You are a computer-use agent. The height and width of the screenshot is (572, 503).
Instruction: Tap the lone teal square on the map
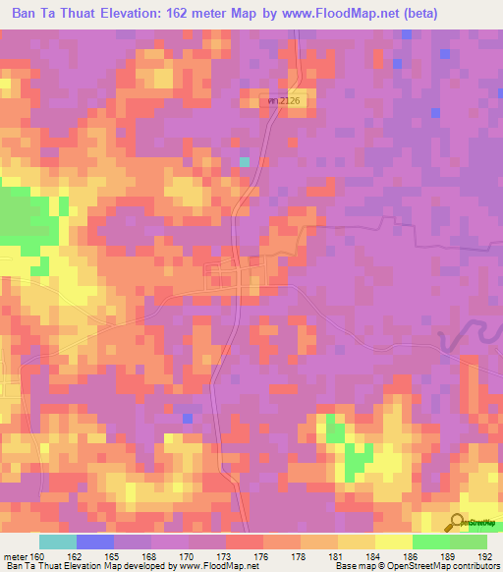pyautogui.click(x=245, y=161)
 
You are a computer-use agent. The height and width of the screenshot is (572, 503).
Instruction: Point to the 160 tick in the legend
pyautogui.click(x=37, y=556)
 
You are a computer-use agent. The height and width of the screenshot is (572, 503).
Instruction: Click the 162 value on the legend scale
pyautogui.click(x=75, y=556)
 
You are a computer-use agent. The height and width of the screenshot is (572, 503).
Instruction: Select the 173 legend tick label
pyautogui.click(x=224, y=556)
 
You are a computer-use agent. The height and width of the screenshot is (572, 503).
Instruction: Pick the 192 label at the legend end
pyautogui.click(x=484, y=556)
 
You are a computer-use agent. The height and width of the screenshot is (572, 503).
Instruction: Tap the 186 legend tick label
pyautogui.click(x=411, y=556)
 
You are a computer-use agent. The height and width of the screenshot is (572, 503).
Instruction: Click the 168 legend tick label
pyautogui.click(x=149, y=556)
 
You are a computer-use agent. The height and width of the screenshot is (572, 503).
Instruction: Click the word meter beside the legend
pyautogui.click(x=16, y=556)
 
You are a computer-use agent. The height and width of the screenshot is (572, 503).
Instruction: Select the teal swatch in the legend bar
pyautogui.click(x=58, y=542)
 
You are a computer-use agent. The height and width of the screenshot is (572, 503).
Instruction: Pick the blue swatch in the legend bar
pyautogui.click(x=95, y=542)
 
